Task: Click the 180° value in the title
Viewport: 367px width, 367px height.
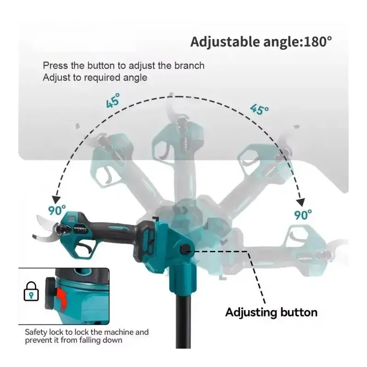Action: click(317, 42)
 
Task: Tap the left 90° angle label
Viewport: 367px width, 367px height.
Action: click(57, 210)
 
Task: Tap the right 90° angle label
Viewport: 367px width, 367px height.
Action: click(303, 214)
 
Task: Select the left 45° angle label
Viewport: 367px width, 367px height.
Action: click(113, 100)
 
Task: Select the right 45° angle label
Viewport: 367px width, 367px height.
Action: click(259, 109)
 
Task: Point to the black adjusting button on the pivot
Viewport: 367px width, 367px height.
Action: click(185, 250)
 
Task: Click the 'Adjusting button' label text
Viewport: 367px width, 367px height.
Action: click(271, 312)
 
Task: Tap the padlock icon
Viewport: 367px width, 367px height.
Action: click(31, 291)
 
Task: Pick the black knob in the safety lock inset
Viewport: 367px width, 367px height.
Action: click(50, 293)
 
